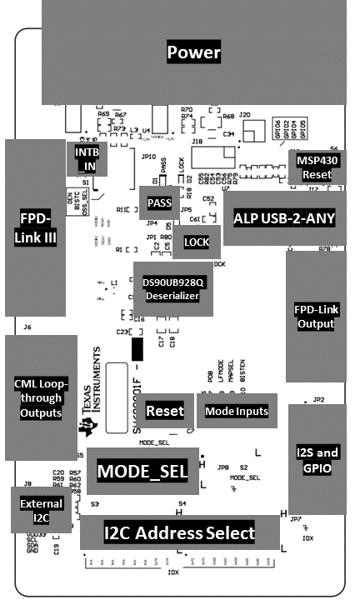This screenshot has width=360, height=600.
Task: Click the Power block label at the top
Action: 193,53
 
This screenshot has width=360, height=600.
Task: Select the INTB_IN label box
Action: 86,158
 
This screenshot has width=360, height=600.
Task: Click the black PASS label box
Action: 158,202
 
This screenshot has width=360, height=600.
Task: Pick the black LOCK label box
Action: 196,242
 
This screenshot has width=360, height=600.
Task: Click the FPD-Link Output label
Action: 316,317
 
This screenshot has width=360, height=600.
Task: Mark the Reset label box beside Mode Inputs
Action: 164,411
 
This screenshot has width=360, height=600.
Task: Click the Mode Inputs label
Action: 237,411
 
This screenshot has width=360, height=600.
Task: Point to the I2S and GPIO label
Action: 317,460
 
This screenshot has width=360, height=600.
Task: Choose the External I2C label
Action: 41,510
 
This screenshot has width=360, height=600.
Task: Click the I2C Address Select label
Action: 179,532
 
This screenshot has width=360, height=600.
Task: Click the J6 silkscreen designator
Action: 27,327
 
